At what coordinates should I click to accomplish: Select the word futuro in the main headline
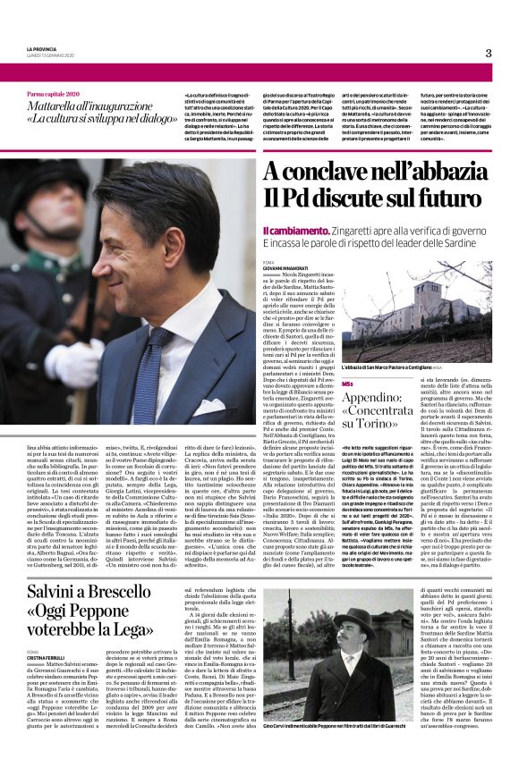coord(444,198)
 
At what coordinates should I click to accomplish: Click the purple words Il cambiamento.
coord(288,231)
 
